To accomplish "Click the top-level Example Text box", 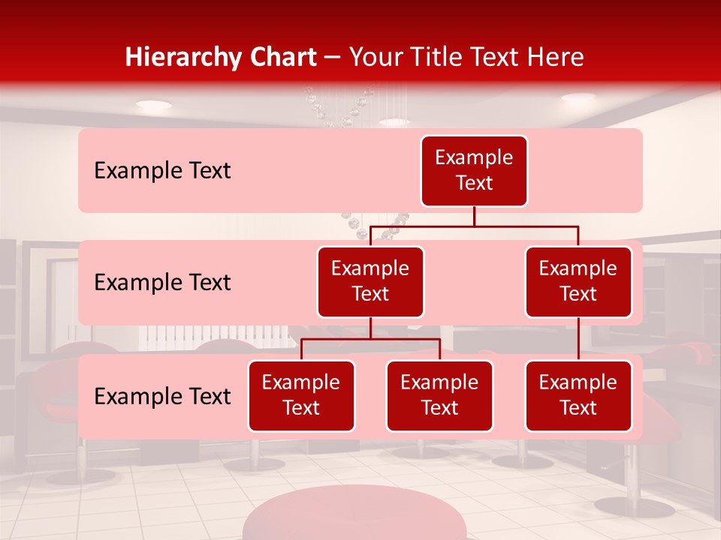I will point(474,170).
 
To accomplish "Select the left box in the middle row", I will point(370,281).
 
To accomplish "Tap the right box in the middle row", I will point(578,281).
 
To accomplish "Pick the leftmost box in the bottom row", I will point(301,395).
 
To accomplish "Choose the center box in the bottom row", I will point(439,395).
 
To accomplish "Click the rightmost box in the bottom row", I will point(578,395).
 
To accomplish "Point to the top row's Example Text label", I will point(162,171).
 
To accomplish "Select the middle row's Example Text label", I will point(162,282).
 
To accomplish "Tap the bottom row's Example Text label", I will point(162,396).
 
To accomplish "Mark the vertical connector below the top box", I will point(474,216).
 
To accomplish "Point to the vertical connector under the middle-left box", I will point(370,328).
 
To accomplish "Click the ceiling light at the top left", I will point(153,104).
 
